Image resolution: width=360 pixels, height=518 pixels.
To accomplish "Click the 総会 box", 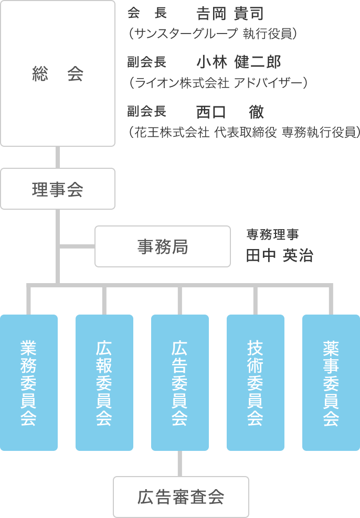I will click(58, 73).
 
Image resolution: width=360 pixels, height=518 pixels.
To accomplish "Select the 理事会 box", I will click(58, 189).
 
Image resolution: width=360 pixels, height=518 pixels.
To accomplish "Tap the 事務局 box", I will click(163, 246).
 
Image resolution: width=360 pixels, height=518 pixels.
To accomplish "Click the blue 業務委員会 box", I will click(29, 382).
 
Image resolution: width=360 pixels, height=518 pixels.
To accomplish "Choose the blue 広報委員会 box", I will click(104, 382).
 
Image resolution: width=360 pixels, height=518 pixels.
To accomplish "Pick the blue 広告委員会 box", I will click(180, 382).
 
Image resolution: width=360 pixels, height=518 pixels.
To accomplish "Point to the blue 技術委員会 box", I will click(256, 382).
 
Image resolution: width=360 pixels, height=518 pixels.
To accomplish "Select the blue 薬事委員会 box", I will click(331, 382).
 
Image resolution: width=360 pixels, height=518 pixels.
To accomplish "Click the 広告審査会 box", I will click(181, 497).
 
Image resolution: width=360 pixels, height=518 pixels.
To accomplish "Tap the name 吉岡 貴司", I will click(230, 14).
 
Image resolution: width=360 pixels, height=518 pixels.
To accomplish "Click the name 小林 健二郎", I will click(239, 62).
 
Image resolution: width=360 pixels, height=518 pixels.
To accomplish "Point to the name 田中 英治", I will click(279, 255).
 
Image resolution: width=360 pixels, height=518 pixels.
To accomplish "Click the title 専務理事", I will click(273, 234).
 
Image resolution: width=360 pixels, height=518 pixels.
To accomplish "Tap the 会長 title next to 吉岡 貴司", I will click(147, 14).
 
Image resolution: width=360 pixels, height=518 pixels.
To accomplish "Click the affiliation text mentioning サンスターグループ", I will click(213, 34).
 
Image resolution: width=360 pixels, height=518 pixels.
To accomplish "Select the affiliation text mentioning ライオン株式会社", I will click(217, 82).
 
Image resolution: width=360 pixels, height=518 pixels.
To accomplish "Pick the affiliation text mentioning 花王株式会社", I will click(244, 132).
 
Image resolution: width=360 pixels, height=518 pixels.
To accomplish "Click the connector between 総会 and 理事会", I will click(58, 157).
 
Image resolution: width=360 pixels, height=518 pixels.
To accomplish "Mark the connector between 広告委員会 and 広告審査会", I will click(180, 463).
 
